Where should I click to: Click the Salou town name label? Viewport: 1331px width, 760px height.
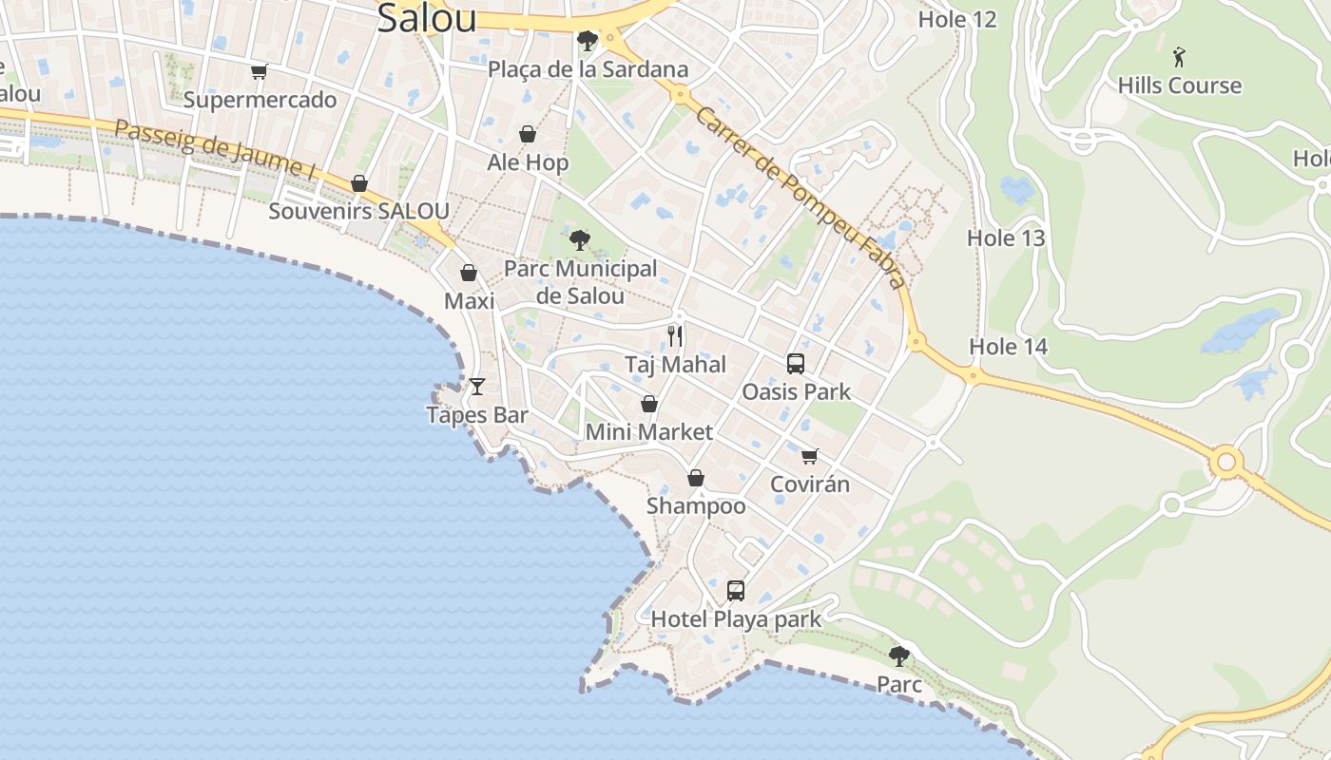click(x=426, y=18)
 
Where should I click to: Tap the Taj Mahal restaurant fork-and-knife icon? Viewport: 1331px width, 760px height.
click(x=675, y=335)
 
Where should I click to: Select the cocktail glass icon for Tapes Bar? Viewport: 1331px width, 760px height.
click(x=477, y=386)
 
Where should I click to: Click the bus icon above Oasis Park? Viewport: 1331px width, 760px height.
click(x=796, y=363)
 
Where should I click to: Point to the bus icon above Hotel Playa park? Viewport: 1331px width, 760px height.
click(x=736, y=591)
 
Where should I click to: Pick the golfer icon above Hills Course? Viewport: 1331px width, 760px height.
click(x=1180, y=56)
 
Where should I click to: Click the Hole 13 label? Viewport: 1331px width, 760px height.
click(x=1006, y=238)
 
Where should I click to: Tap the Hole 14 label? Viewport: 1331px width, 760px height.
click(x=1008, y=347)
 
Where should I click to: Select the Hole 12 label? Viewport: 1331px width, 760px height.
click(x=957, y=19)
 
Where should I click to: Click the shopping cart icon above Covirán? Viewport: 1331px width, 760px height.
click(x=809, y=456)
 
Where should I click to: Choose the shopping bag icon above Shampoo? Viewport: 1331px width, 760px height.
click(x=696, y=478)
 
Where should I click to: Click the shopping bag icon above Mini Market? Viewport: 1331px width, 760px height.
click(x=649, y=404)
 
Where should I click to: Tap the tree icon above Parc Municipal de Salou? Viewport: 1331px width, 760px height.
click(x=580, y=240)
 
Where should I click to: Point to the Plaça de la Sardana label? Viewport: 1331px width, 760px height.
click(x=588, y=69)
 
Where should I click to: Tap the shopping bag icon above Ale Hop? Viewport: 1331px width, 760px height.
click(x=528, y=134)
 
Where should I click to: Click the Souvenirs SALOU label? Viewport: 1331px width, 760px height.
click(x=358, y=211)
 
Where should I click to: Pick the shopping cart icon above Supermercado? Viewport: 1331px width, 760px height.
click(x=259, y=71)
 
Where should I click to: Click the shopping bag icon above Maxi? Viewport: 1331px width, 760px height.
click(x=469, y=274)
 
